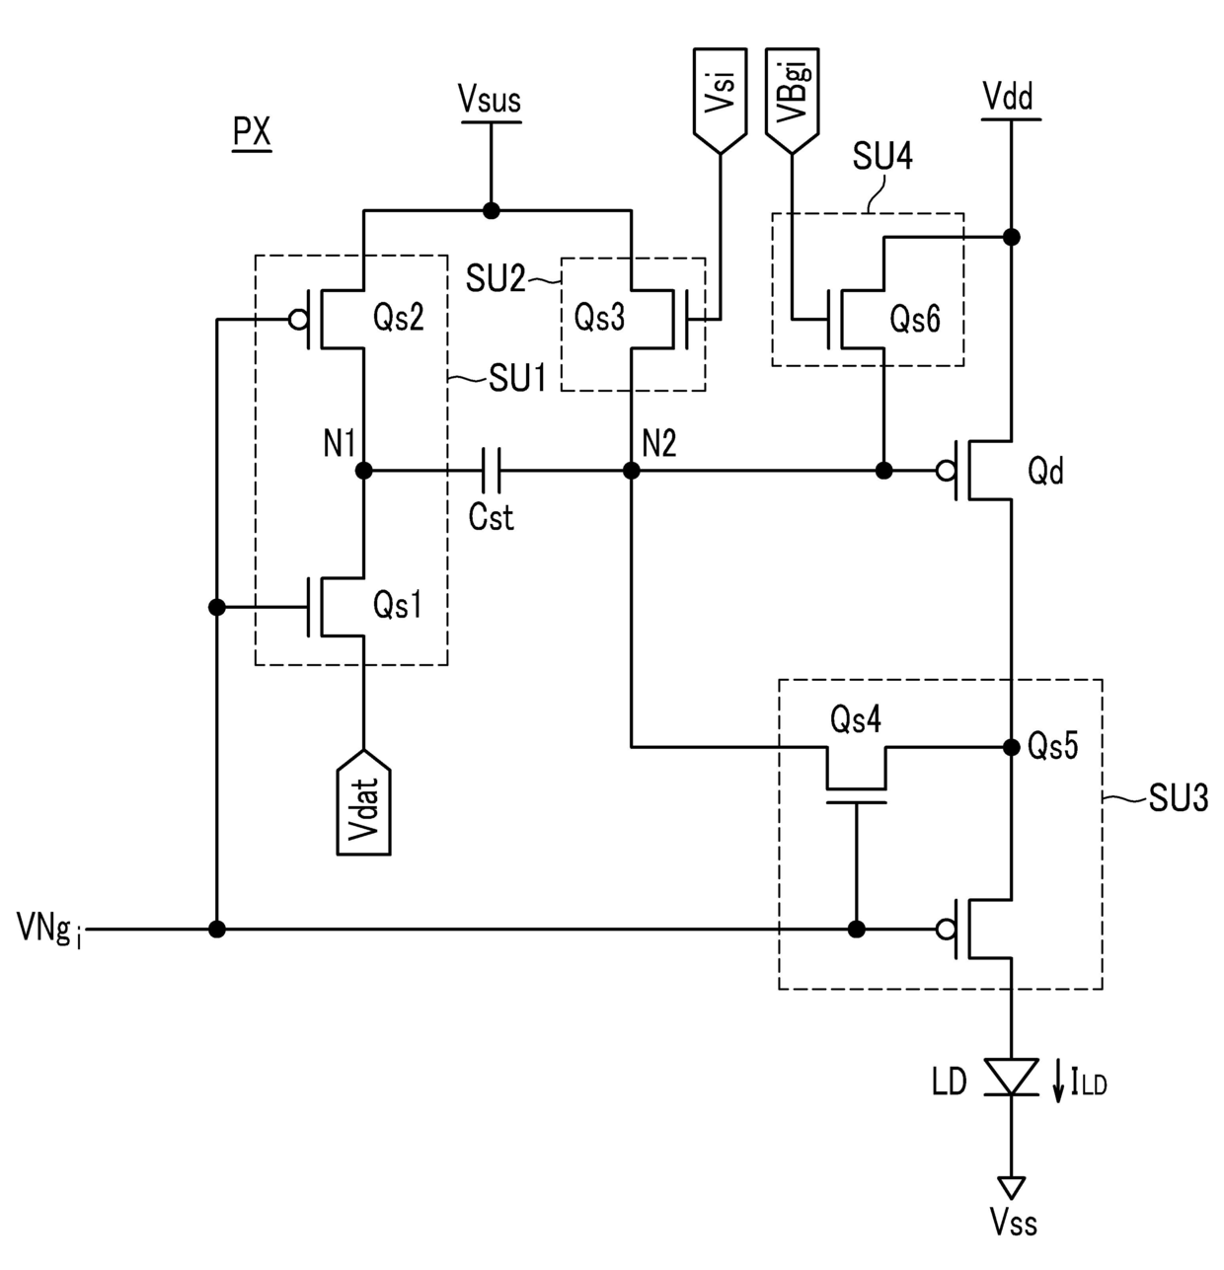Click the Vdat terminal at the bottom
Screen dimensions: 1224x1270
363,801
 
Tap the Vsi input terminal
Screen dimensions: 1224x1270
720,101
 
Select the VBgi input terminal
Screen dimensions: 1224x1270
792,101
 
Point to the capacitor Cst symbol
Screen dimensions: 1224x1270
491,470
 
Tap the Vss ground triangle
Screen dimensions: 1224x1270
1011,1187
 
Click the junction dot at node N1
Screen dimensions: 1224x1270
363,470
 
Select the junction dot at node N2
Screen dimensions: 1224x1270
632,470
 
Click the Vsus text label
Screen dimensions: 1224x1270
490,100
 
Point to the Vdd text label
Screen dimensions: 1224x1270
1009,98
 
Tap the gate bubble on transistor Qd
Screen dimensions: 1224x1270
946,470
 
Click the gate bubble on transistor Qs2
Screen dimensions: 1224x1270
298,320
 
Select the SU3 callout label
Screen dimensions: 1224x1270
1179,797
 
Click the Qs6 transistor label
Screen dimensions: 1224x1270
915,319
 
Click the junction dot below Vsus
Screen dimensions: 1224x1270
491,211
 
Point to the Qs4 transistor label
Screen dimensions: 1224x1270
855,719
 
